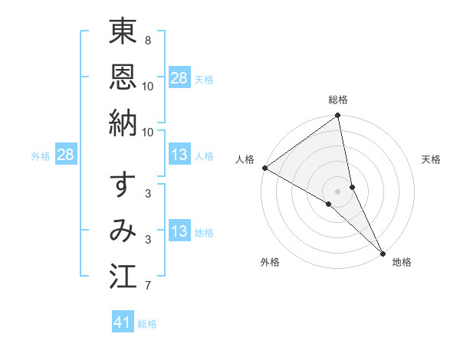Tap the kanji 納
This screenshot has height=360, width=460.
[123, 123]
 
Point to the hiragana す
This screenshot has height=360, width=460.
[123, 185]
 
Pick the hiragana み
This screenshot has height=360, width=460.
[123, 231]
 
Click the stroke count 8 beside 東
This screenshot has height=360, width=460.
[147, 40]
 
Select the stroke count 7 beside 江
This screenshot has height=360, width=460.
[147, 286]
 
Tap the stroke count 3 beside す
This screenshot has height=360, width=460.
[147, 194]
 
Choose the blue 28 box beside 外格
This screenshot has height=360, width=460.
[66, 155]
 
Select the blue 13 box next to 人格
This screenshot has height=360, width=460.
[179, 155]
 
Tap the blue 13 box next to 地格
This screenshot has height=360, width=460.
[179, 232]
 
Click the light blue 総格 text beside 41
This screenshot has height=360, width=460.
[147, 324]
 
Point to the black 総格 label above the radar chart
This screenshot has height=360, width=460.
[338, 100]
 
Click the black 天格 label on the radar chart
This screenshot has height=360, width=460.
[432, 159]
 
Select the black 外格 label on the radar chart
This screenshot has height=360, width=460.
[270, 262]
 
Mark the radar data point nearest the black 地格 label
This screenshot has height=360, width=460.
[383, 253]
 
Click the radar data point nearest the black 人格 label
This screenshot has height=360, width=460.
[264, 168]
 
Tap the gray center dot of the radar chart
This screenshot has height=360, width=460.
[338, 191]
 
